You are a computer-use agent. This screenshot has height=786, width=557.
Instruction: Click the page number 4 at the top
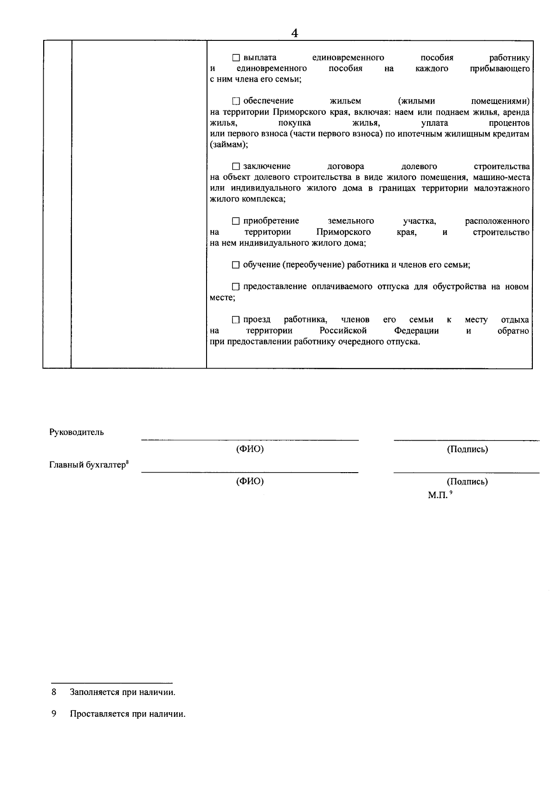click(x=294, y=33)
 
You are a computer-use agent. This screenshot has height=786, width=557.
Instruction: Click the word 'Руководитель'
click(x=77, y=432)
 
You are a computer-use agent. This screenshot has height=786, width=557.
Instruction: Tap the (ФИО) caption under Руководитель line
click(x=250, y=449)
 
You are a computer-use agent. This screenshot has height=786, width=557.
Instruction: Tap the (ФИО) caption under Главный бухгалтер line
click(x=250, y=481)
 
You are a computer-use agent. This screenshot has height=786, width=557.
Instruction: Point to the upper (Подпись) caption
click(x=467, y=449)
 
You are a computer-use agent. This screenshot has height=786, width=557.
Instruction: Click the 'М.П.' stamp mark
click(x=438, y=495)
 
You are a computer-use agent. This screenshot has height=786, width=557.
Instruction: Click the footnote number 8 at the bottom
click(x=54, y=692)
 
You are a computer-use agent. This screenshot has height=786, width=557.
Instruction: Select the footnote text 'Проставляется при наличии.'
click(x=128, y=714)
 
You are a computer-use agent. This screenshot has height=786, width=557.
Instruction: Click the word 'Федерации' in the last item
click(x=416, y=331)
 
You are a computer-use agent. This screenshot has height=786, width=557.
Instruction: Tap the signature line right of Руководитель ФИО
click(x=466, y=439)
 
